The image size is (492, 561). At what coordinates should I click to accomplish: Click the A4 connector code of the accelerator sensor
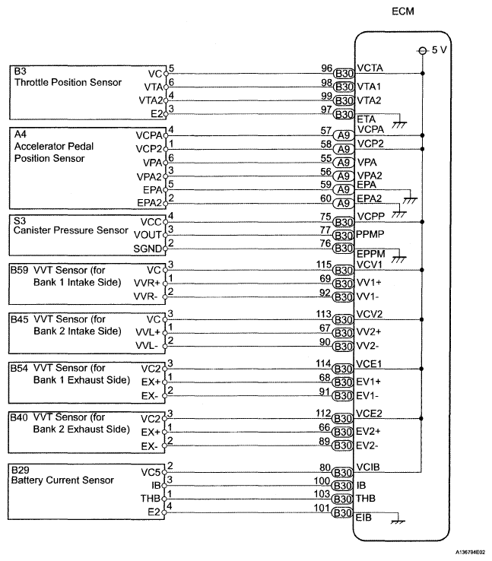click(x=20, y=132)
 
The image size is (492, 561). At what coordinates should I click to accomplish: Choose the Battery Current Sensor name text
click(x=62, y=480)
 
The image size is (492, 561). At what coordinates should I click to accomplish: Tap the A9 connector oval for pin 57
click(x=343, y=135)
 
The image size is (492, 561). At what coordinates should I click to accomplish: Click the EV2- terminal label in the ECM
click(x=370, y=445)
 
